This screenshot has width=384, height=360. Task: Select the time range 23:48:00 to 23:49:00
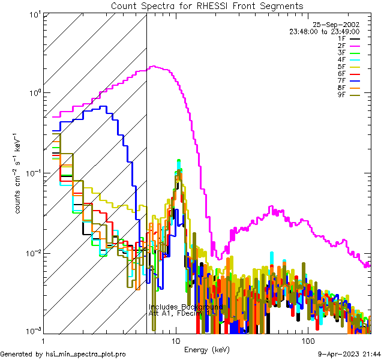(x=325, y=32)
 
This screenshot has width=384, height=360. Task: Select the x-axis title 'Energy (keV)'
(x=206, y=349)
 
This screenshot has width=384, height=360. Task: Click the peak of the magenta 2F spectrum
(x=154, y=67)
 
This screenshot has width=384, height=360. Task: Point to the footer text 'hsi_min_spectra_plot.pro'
(x=85, y=354)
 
